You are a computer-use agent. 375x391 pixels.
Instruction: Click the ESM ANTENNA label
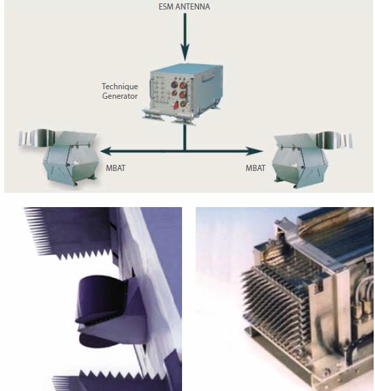pos(184,7)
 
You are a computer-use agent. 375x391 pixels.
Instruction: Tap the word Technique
pos(120,87)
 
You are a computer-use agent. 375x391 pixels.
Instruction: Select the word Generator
pos(120,96)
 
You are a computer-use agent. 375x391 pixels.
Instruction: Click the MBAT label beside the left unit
pos(116,168)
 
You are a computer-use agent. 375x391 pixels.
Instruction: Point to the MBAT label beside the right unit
pos(256,168)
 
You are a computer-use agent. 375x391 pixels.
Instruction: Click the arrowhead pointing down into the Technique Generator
pos(185,52)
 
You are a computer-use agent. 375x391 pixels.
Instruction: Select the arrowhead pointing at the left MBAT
pos(106,151)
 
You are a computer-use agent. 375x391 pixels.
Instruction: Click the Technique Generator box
pos(183,93)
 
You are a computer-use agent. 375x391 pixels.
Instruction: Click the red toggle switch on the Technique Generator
pos(177,105)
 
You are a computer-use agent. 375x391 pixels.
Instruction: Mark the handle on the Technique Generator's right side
pos(208,76)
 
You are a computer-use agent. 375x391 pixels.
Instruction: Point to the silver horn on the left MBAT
pos(37,138)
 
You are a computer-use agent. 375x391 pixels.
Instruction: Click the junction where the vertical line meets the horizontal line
pos(185,151)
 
